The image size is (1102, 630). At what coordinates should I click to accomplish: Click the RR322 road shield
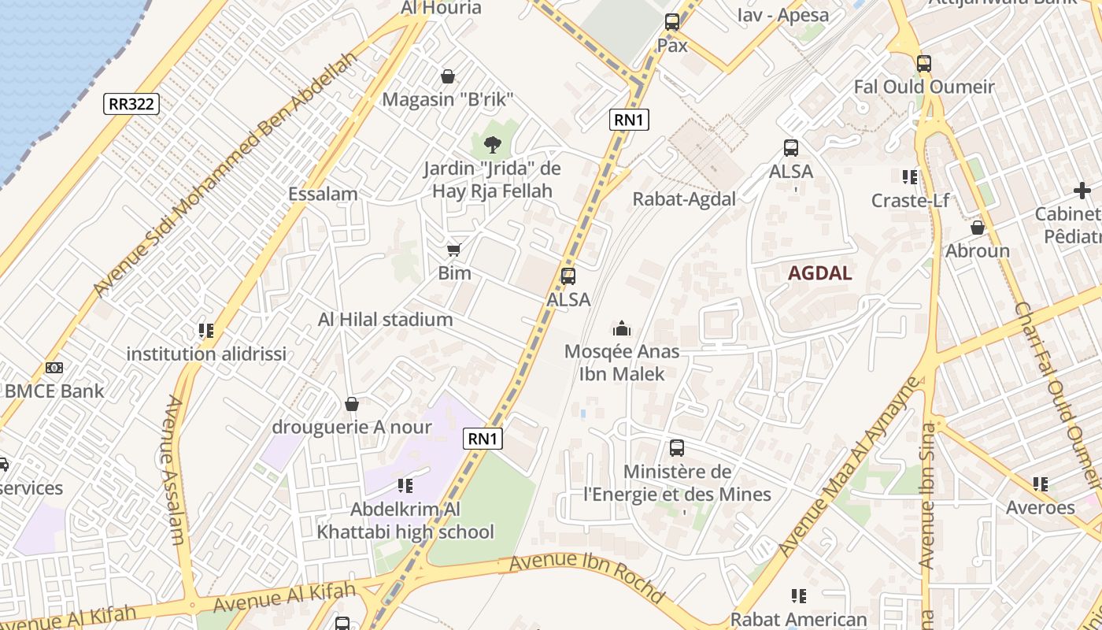click(x=131, y=103)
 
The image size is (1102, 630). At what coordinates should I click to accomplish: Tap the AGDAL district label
click(x=820, y=273)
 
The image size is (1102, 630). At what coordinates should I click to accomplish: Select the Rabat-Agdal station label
click(x=684, y=199)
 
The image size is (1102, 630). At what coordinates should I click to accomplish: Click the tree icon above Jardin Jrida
click(x=493, y=144)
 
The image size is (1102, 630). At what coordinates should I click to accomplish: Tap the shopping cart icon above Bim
click(x=453, y=250)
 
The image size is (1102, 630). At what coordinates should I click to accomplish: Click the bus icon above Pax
click(x=672, y=22)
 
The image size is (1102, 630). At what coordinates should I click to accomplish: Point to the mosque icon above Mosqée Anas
click(x=622, y=328)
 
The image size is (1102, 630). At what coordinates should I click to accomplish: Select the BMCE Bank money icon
click(x=54, y=368)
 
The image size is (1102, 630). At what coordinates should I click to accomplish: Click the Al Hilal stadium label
click(x=385, y=319)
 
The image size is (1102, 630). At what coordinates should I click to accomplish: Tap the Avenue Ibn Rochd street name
click(x=586, y=578)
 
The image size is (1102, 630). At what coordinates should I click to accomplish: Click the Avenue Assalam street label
click(x=175, y=470)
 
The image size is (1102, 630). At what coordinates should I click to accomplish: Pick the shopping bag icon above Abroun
click(x=978, y=228)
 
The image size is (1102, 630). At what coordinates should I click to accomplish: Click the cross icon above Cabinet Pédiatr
click(x=1082, y=191)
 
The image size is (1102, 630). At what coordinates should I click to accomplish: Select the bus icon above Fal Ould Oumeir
click(x=924, y=64)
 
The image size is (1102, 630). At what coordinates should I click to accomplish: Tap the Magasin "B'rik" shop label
click(x=448, y=99)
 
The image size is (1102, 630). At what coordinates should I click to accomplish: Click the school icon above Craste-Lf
click(x=910, y=177)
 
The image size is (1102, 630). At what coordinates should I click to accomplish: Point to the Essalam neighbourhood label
click(x=323, y=194)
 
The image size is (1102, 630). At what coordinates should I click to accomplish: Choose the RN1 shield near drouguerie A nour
click(x=483, y=439)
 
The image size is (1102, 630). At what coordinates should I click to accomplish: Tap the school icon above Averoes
click(x=1041, y=484)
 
